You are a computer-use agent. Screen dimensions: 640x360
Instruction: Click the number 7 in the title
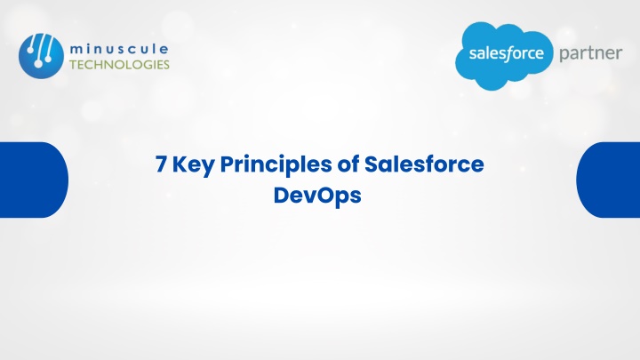tap(162, 164)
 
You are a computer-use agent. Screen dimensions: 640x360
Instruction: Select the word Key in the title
tap(193, 165)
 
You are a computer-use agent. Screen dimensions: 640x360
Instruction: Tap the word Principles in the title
tap(276, 165)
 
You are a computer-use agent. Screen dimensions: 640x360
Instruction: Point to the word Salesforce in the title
tap(424, 164)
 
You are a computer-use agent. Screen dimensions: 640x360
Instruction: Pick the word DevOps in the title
tap(317, 196)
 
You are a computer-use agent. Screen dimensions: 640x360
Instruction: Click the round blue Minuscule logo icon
tap(41, 56)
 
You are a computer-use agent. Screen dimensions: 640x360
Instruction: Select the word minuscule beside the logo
tap(119, 50)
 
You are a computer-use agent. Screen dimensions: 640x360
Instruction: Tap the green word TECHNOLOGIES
tap(119, 65)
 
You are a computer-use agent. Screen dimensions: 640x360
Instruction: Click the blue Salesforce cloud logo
tap(504, 56)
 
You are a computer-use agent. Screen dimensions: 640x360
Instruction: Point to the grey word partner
tap(590, 54)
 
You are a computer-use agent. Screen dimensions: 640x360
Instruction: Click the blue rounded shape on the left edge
tap(34, 180)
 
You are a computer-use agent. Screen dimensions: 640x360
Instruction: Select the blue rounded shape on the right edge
tap(608, 180)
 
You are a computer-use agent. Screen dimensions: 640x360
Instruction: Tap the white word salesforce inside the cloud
tap(506, 53)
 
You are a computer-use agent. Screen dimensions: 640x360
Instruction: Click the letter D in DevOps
tap(282, 195)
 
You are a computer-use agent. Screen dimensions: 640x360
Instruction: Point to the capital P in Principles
tap(228, 164)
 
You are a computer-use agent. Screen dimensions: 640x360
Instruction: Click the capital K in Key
tap(180, 164)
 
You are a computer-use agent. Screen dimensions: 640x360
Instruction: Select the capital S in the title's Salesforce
tap(372, 164)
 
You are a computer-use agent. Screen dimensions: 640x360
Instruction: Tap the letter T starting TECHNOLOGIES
tap(73, 65)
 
